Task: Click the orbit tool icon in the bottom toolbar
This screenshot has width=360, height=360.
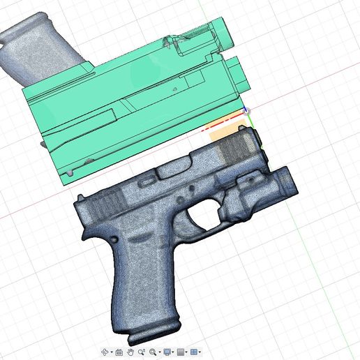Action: click(x=105, y=352)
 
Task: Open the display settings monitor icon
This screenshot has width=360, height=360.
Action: click(x=167, y=352)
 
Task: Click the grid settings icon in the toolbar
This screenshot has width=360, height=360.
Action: click(x=181, y=352)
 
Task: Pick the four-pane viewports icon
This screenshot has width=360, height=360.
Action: click(x=195, y=352)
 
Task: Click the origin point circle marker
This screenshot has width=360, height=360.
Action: click(x=246, y=110)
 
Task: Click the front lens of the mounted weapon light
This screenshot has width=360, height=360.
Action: click(x=294, y=183)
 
